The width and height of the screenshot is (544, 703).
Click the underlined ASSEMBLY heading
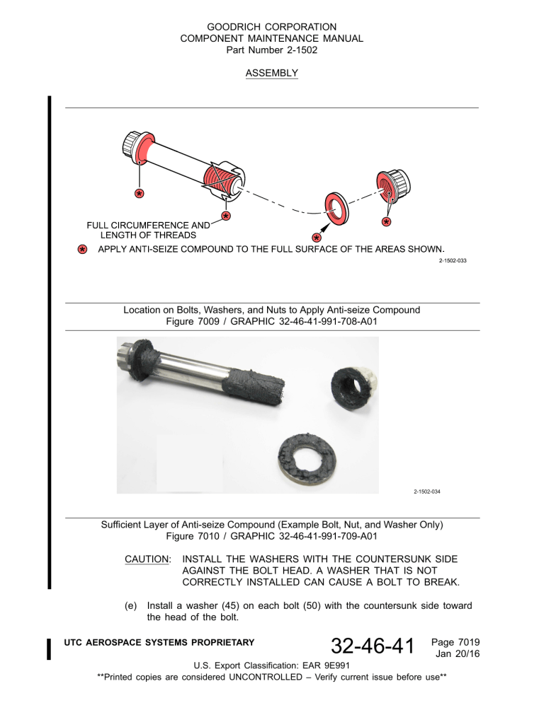coord(272,73)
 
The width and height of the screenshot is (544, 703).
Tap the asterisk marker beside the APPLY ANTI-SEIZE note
coord(83,249)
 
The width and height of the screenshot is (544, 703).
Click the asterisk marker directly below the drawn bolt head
coord(140,193)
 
